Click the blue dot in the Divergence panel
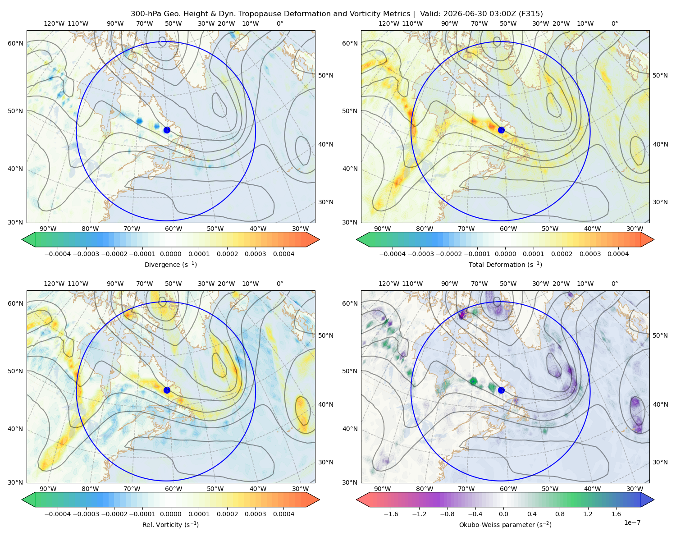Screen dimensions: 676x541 pyautogui.click(x=167, y=130)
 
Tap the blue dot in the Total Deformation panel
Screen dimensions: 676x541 pyautogui.click(x=501, y=130)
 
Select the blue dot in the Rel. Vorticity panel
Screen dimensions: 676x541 pyautogui.click(x=167, y=390)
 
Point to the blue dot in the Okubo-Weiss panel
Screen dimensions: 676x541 pyautogui.click(x=501, y=390)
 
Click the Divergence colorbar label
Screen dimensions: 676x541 pyautogui.click(x=170, y=264)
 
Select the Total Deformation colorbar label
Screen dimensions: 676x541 pyautogui.click(x=505, y=264)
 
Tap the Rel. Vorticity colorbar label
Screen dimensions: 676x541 pyautogui.click(x=170, y=524)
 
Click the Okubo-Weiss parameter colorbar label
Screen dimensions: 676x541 pyautogui.click(x=505, y=524)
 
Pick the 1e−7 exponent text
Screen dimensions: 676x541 pyautogui.click(x=632, y=523)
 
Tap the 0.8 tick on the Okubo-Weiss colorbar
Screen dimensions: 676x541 pyautogui.click(x=560, y=513)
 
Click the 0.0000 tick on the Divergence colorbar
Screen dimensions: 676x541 pyautogui.click(x=170, y=254)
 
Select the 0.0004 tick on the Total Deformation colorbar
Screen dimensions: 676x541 pyautogui.click(x=618, y=254)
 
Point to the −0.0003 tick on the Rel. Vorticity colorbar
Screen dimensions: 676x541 pyautogui.click(x=86, y=513)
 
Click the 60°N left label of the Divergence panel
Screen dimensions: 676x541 pyautogui.click(x=15, y=43)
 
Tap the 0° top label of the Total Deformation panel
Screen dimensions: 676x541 pyautogui.click(x=614, y=23)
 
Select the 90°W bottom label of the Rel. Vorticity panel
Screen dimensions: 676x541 pyautogui.click(x=48, y=489)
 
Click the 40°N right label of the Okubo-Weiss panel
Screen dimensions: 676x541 pyautogui.click(x=660, y=404)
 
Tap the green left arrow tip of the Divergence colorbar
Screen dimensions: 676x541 pyautogui.click(x=22, y=239)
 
